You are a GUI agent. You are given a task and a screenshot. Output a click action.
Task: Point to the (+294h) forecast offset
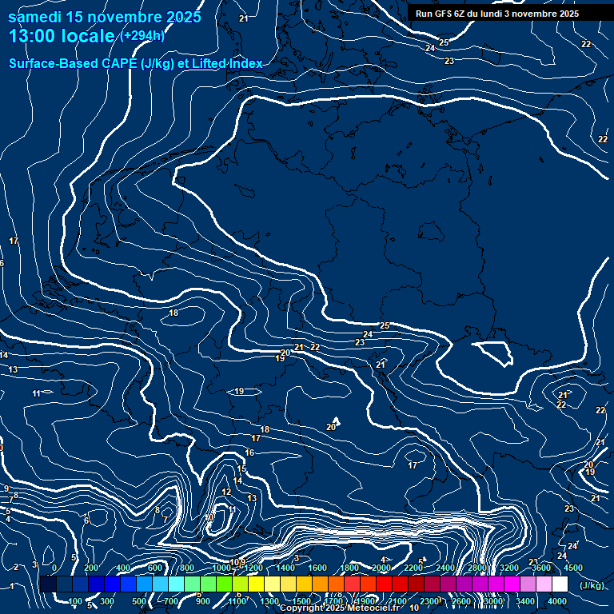coord(142,36)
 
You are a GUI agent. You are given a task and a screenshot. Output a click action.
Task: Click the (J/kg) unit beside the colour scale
coord(592,586)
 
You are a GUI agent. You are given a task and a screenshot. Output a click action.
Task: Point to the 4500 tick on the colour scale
coord(573,568)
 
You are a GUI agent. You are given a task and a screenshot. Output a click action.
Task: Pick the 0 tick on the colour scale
coord(54,568)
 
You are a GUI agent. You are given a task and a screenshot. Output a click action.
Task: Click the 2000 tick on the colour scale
coord(381,568)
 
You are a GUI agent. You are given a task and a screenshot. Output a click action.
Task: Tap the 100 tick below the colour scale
coord(75,601)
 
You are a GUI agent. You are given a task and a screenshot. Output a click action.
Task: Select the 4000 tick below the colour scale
coord(557,601)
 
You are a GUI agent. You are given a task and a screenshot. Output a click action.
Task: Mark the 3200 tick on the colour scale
coord(509,568)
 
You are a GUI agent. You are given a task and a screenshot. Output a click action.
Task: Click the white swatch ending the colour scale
coord(560,584)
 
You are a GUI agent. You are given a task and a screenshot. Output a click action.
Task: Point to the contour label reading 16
coord(249,453)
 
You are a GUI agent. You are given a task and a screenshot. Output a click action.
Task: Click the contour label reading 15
coord(242,468)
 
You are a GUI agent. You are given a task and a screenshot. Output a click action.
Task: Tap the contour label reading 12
coord(226,492)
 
